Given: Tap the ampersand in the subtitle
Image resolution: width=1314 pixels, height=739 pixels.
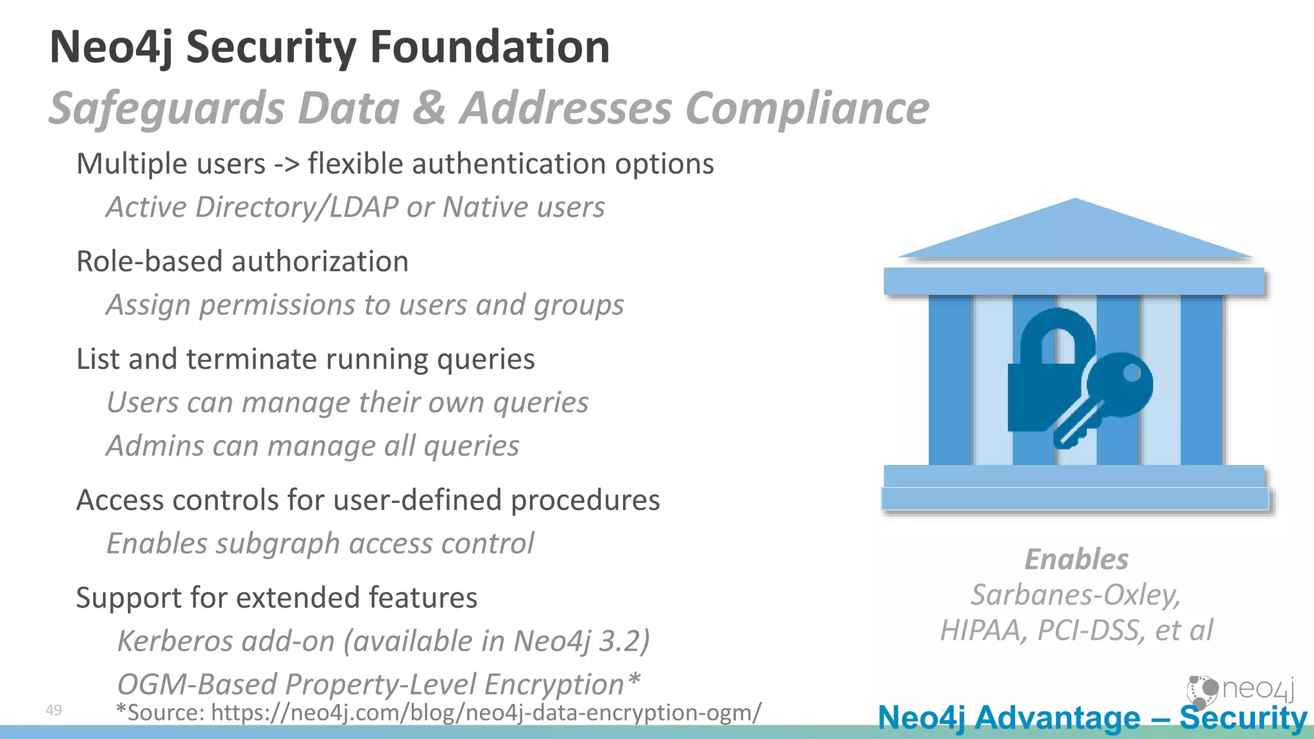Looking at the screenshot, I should tap(429, 108).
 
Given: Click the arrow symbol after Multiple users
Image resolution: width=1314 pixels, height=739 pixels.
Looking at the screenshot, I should tap(287, 164).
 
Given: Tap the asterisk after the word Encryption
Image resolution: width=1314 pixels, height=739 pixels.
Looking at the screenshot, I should tap(634, 679).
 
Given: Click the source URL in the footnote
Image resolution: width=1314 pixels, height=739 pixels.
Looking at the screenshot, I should tap(486, 713).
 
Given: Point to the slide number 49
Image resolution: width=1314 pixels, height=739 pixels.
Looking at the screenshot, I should tap(54, 710).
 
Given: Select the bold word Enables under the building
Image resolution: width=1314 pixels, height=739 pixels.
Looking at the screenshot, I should tap(1076, 559).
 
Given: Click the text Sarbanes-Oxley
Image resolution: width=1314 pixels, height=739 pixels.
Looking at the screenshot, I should tap(1075, 595).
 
